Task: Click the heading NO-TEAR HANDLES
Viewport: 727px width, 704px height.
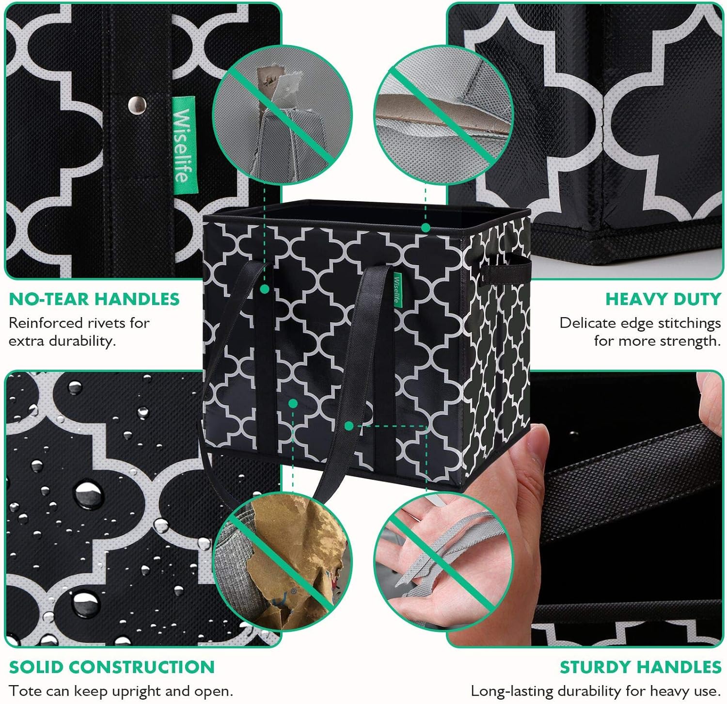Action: click(x=94, y=299)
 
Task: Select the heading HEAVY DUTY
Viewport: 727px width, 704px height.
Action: click(x=663, y=299)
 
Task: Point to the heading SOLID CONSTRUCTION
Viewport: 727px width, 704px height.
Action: click(x=111, y=667)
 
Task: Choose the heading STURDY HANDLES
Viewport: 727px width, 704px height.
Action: click(x=640, y=667)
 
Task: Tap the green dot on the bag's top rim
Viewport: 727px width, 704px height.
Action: click(x=426, y=227)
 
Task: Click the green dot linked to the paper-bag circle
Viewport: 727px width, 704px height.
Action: click(x=292, y=403)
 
